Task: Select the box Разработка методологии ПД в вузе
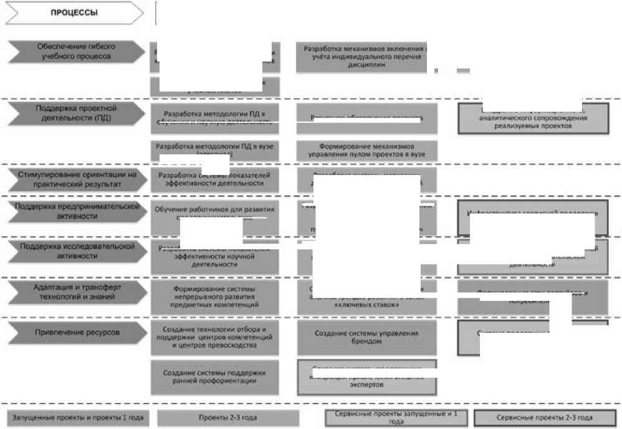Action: pyautogui.click(x=215, y=149)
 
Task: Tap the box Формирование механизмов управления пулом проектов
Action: pyautogui.click(x=366, y=149)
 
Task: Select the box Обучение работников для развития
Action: pyautogui.click(x=215, y=212)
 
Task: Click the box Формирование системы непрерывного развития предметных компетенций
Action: pyautogui.click(x=215, y=297)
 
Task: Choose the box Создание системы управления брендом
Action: pyautogui.click(x=366, y=337)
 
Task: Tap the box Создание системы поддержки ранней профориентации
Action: pyautogui.click(x=215, y=377)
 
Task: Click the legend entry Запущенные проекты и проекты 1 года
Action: pyautogui.click(x=78, y=418)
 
